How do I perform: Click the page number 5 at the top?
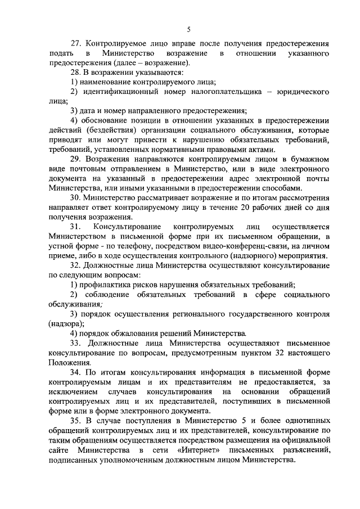[188, 29]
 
